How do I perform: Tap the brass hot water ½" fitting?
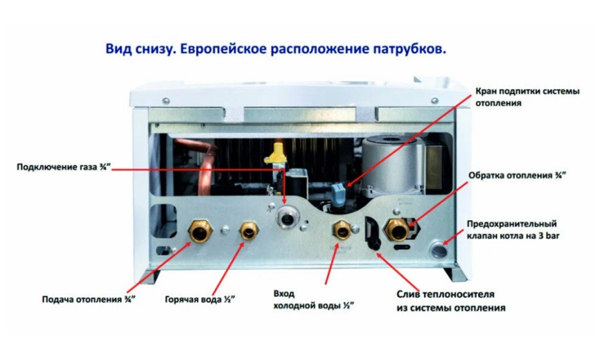pos(247,231)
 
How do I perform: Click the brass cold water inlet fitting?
pos(340,230)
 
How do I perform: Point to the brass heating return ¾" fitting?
pos(398,229)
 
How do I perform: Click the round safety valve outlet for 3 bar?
pos(440,246)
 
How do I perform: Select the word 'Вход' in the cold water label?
pos(285,292)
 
